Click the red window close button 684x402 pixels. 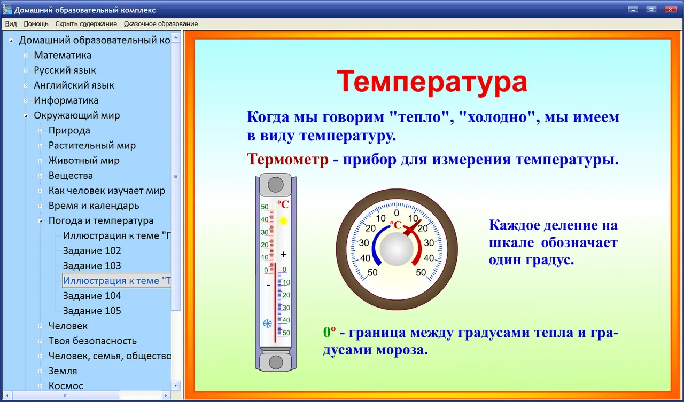tap(670, 9)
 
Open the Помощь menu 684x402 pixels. tap(36, 24)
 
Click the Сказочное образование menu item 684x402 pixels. tap(161, 24)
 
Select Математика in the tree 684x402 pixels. tap(63, 55)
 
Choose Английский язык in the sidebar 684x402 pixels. tap(74, 85)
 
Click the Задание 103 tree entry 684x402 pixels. tap(92, 266)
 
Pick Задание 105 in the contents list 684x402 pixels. tap(92, 311)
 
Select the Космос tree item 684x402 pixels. tap(66, 386)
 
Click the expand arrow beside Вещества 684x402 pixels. tap(40, 176)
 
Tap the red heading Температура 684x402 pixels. tap(432, 82)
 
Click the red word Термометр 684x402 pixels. tap(287, 159)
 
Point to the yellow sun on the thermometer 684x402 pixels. tap(283, 220)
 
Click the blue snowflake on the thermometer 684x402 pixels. tap(268, 324)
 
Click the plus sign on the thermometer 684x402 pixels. tap(283, 254)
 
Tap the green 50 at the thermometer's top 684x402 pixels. tap(265, 207)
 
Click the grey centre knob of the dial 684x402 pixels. tap(397, 249)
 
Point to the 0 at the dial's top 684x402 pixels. tap(397, 213)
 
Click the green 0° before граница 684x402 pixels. tap(329, 332)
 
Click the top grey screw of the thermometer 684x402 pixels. tap(275, 185)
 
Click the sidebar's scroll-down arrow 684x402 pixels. tap(176, 385)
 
